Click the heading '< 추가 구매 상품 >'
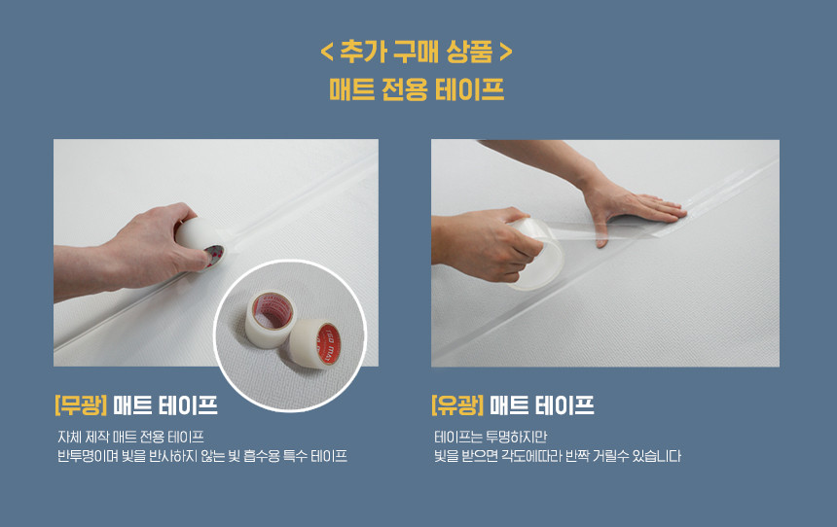(417, 52)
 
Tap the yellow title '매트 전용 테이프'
(417, 89)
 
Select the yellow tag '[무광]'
(81, 405)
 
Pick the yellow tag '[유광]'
(457, 405)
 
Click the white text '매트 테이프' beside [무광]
(165, 405)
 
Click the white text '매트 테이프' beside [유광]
(542, 405)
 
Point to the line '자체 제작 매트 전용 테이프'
(130, 438)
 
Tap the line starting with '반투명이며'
(202, 456)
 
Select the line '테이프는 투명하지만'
(491, 438)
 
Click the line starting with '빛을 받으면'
(558, 456)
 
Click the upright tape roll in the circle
(271, 320)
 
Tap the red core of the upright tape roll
(273, 310)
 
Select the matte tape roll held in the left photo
(200, 244)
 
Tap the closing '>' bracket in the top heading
(505, 53)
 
